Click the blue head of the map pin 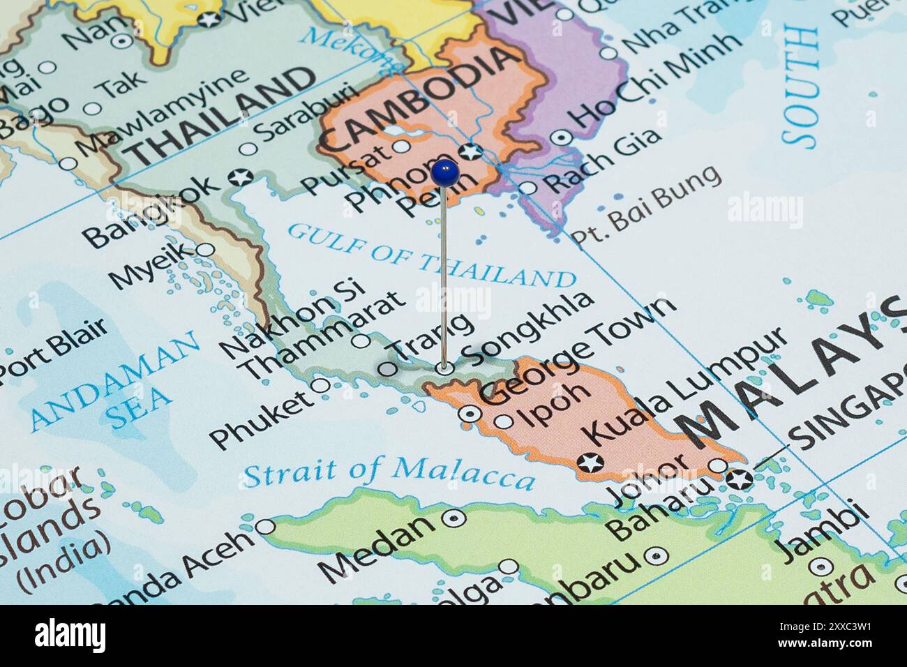[444, 172]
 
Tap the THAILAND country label [222, 118]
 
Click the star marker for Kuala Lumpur [590, 462]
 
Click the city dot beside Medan [455, 518]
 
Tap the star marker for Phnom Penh [472, 151]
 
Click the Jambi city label [825, 533]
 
